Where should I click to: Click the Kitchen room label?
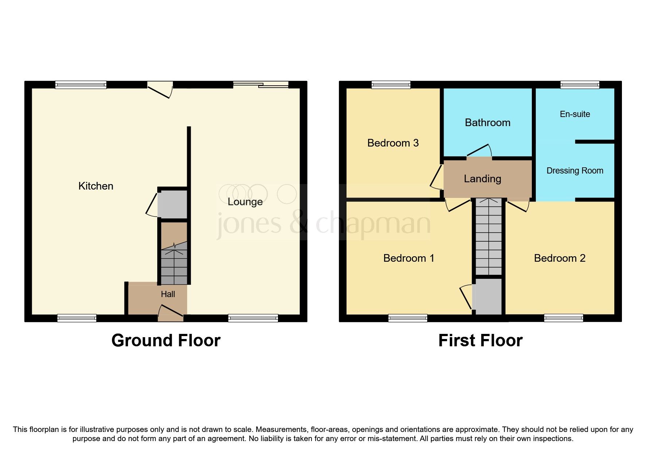coord(96,186)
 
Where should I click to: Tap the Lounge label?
coord(245,202)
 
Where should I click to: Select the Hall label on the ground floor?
coord(168,294)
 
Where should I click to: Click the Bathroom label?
coord(487,122)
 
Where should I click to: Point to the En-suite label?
coord(575,114)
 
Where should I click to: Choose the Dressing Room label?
coord(575,171)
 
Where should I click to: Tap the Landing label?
coord(482,179)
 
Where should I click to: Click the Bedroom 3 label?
coord(393,143)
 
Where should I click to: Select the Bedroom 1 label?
coord(409,258)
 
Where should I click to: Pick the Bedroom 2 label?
coord(560,258)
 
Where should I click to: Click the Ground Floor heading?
coord(166,340)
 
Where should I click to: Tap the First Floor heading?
coord(480,340)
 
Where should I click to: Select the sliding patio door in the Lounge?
coord(261,85)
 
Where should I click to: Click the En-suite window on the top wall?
coord(580,85)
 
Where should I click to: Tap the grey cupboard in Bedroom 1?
coord(488,296)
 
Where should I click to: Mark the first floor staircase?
coord(489,237)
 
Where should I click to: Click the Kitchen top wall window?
coord(81,85)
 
